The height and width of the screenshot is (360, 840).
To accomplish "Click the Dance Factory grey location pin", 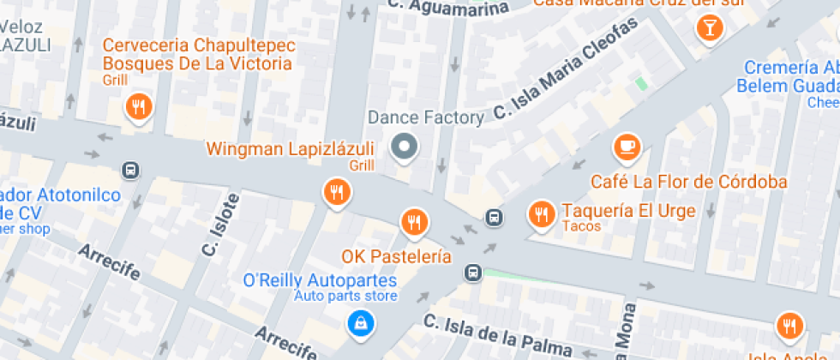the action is tap(405, 147).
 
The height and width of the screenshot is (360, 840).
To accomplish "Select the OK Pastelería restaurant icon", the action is tap(414, 222).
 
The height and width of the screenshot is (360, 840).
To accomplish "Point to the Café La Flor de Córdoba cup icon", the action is tap(627, 146).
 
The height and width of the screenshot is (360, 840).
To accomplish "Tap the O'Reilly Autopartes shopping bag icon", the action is tap(360, 322).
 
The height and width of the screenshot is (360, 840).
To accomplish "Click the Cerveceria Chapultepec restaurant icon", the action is tap(137, 107).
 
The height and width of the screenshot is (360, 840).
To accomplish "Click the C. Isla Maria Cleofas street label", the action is tap(567, 69).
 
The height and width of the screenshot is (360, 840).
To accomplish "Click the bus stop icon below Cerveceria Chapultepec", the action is tap(130, 171).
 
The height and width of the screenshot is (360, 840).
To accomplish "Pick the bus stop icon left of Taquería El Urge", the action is tap(494, 217).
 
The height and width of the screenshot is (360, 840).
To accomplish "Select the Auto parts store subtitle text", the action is tap(345, 297).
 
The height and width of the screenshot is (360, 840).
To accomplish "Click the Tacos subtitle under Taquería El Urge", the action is tap(581, 226).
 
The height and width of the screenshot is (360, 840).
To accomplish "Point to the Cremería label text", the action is tap(791, 68).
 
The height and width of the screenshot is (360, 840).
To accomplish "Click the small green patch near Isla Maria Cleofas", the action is tap(641, 84).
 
